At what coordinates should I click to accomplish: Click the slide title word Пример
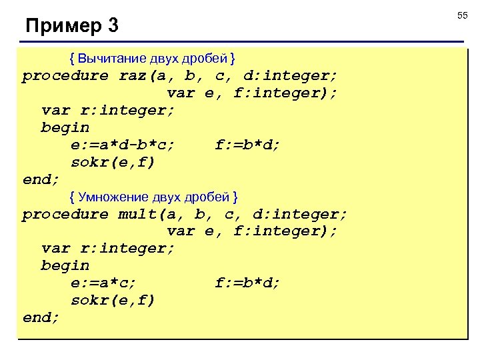tap(62, 27)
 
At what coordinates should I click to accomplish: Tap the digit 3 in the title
tap(112, 27)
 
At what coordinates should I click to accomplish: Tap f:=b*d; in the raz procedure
tap(248, 145)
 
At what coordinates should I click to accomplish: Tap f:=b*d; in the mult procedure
tap(248, 283)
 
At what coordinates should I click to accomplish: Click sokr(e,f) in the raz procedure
tap(113, 162)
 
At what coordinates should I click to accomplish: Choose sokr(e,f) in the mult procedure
tap(113, 301)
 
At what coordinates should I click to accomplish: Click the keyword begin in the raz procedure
tap(65, 127)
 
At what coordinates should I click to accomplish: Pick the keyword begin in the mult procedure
tap(65, 266)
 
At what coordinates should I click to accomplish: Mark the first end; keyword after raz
tap(41, 179)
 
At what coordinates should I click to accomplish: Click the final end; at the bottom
tap(41, 318)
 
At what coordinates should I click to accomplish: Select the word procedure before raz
tap(65, 75)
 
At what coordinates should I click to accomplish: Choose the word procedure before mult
tap(65, 215)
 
